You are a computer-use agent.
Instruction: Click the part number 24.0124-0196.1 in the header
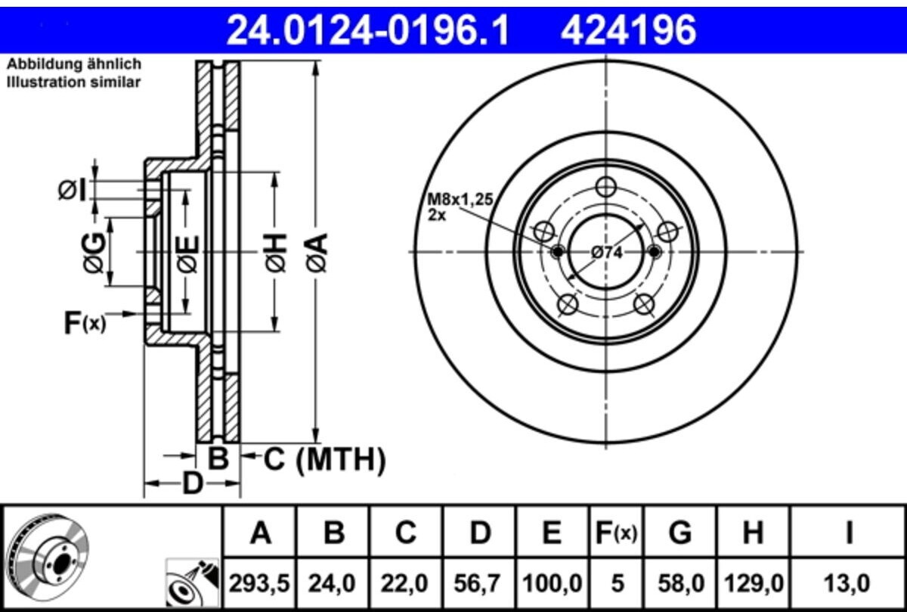[367, 30]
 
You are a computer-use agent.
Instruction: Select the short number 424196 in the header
[628, 30]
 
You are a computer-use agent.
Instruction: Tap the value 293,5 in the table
[259, 584]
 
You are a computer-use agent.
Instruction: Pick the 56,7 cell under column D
[480, 584]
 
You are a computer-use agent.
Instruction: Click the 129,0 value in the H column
[754, 584]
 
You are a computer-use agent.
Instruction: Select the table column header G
[680, 533]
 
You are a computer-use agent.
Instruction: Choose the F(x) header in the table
[616, 533]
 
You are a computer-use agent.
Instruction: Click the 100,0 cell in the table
[553, 584]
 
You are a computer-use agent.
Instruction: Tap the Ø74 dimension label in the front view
[606, 253]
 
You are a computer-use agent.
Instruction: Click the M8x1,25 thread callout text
[460, 200]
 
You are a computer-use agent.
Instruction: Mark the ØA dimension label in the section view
[317, 253]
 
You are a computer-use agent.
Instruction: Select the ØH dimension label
[276, 253]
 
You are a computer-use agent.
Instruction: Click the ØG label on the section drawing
[94, 253]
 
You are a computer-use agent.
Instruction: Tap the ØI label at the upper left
[73, 191]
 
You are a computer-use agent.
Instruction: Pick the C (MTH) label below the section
[325, 460]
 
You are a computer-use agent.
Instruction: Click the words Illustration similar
[74, 82]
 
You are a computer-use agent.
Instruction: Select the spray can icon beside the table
[193, 582]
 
